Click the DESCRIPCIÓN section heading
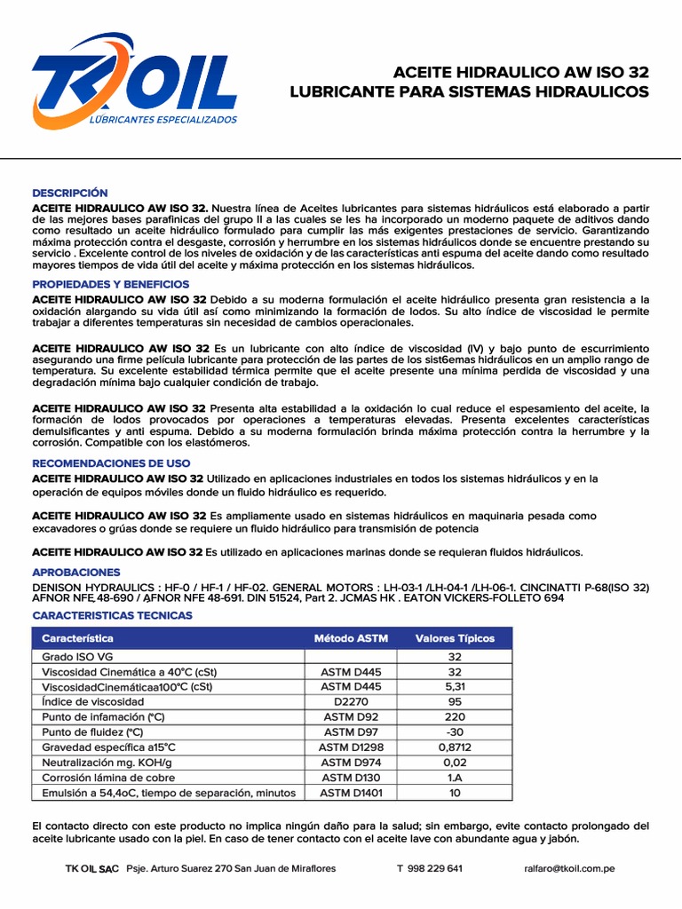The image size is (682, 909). click(69, 193)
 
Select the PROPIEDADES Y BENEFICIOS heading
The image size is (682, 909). click(111, 284)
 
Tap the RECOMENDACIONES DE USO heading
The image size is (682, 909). click(111, 463)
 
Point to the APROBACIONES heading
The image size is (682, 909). click(76, 573)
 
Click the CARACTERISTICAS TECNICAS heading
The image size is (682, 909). click(112, 615)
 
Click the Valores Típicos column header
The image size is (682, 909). click(455, 638)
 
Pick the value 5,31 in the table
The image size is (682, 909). click(455, 686)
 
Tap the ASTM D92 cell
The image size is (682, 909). click(351, 716)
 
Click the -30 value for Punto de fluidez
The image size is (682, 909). click(455, 731)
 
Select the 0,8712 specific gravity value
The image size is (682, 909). click(455, 747)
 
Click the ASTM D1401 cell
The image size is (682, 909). click(351, 792)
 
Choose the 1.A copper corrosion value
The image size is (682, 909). click(455, 777)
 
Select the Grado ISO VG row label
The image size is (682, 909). click(78, 656)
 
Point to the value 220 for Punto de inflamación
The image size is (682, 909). click(455, 716)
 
